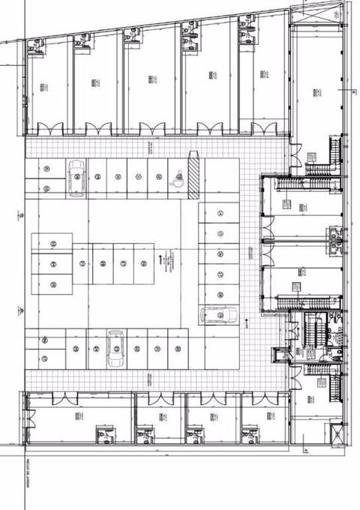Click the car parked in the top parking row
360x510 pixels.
click(76, 178)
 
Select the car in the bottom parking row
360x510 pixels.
click(116, 349)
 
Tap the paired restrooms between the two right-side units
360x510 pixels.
click(335, 238)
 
